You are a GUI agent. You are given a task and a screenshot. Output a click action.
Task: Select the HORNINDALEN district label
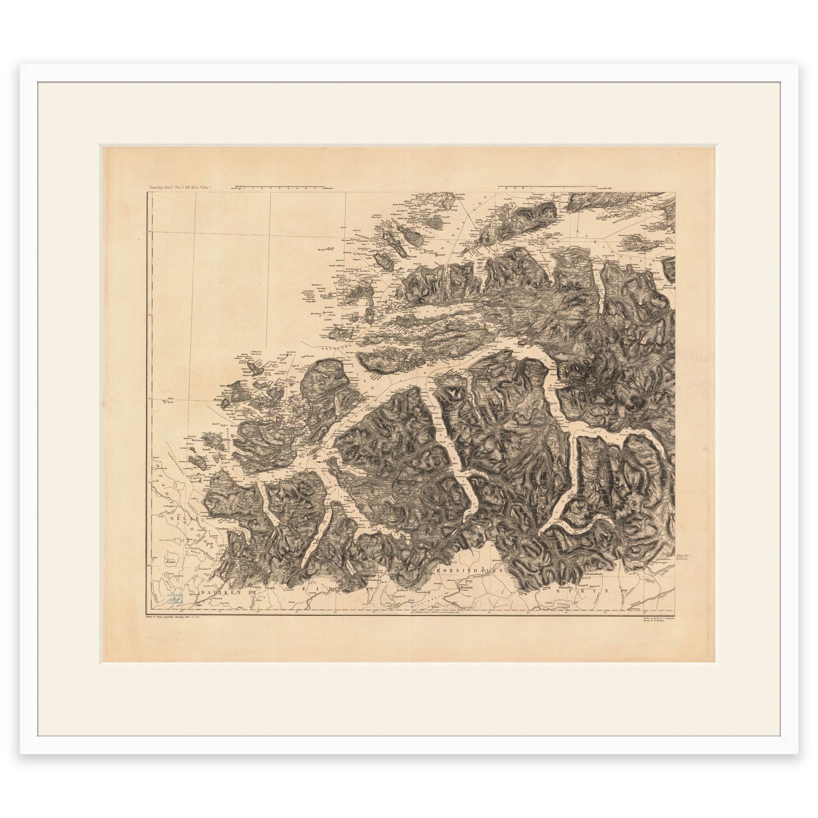click(468, 570)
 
